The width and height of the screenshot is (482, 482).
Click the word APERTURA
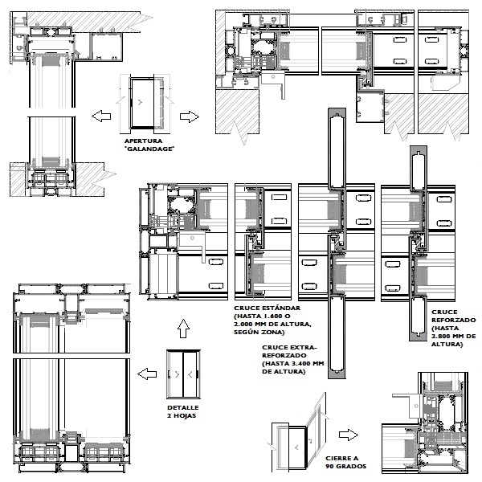click(x=143, y=141)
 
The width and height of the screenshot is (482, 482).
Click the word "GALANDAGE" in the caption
click(x=149, y=149)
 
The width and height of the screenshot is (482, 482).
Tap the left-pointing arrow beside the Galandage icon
click(x=101, y=116)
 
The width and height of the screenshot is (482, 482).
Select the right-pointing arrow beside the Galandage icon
click(x=190, y=116)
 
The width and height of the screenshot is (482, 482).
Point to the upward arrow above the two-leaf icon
click(x=183, y=329)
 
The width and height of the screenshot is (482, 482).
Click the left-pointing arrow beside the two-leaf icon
click(x=147, y=374)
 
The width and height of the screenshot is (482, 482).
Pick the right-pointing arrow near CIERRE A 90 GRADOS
click(x=349, y=435)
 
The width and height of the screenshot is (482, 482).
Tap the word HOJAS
click(x=186, y=416)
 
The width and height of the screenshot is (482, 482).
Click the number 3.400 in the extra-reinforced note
click(x=302, y=363)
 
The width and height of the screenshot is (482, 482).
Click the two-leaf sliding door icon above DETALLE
click(x=183, y=374)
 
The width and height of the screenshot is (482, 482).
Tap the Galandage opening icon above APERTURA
click(x=145, y=104)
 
